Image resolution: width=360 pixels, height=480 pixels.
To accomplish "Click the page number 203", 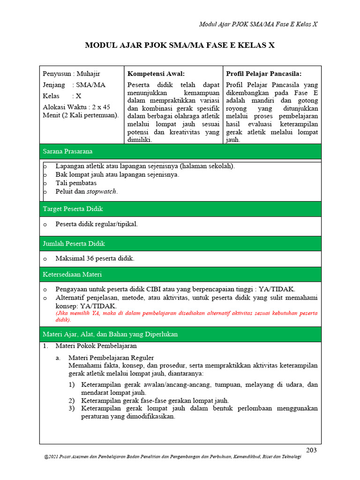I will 311,450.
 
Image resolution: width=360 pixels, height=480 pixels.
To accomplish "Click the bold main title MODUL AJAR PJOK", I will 180,45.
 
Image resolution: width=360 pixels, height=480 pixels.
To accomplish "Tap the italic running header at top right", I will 258,24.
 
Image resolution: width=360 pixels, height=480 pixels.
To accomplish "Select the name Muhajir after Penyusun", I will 89,74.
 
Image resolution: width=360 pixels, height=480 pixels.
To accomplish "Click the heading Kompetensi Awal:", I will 156,74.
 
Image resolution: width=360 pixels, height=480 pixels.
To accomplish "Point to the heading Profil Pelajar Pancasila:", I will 264,74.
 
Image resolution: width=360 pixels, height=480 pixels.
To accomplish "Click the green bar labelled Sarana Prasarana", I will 180,151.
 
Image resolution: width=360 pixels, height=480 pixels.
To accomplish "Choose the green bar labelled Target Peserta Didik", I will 180,209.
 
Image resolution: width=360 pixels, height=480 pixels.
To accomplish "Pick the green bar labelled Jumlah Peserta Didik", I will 180,243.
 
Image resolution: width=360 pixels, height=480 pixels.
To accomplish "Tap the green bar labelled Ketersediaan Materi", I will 180,274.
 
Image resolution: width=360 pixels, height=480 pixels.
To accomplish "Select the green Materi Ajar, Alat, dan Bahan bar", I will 180,334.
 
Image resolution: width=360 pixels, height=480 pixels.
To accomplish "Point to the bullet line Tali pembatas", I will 76,183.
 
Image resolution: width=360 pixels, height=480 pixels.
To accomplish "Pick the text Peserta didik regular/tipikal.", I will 97,224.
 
